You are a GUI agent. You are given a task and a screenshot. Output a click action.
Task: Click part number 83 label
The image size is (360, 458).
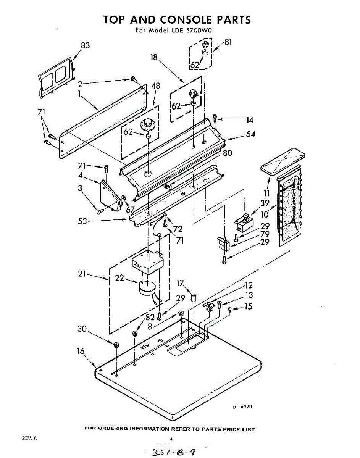click(x=85, y=45)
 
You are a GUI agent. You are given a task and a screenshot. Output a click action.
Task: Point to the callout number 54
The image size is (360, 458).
click(x=250, y=134)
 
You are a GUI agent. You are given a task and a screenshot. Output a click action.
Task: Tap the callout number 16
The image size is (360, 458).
click(x=81, y=352)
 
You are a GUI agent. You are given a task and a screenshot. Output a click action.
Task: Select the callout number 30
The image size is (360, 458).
click(x=82, y=329)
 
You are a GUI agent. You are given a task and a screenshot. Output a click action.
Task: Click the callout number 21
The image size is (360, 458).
click(x=81, y=274)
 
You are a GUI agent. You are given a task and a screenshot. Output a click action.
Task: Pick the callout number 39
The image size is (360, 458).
click(x=265, y=203)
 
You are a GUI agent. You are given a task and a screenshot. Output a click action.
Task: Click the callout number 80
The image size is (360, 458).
click(x=228, y=153)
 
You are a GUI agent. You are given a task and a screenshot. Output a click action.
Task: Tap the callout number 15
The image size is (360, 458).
click(x=249, y=306)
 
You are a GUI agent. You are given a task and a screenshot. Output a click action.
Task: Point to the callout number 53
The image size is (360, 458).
click(x=82, y=221)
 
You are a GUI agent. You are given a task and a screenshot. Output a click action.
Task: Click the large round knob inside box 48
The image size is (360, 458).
click(x=146, y=124)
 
